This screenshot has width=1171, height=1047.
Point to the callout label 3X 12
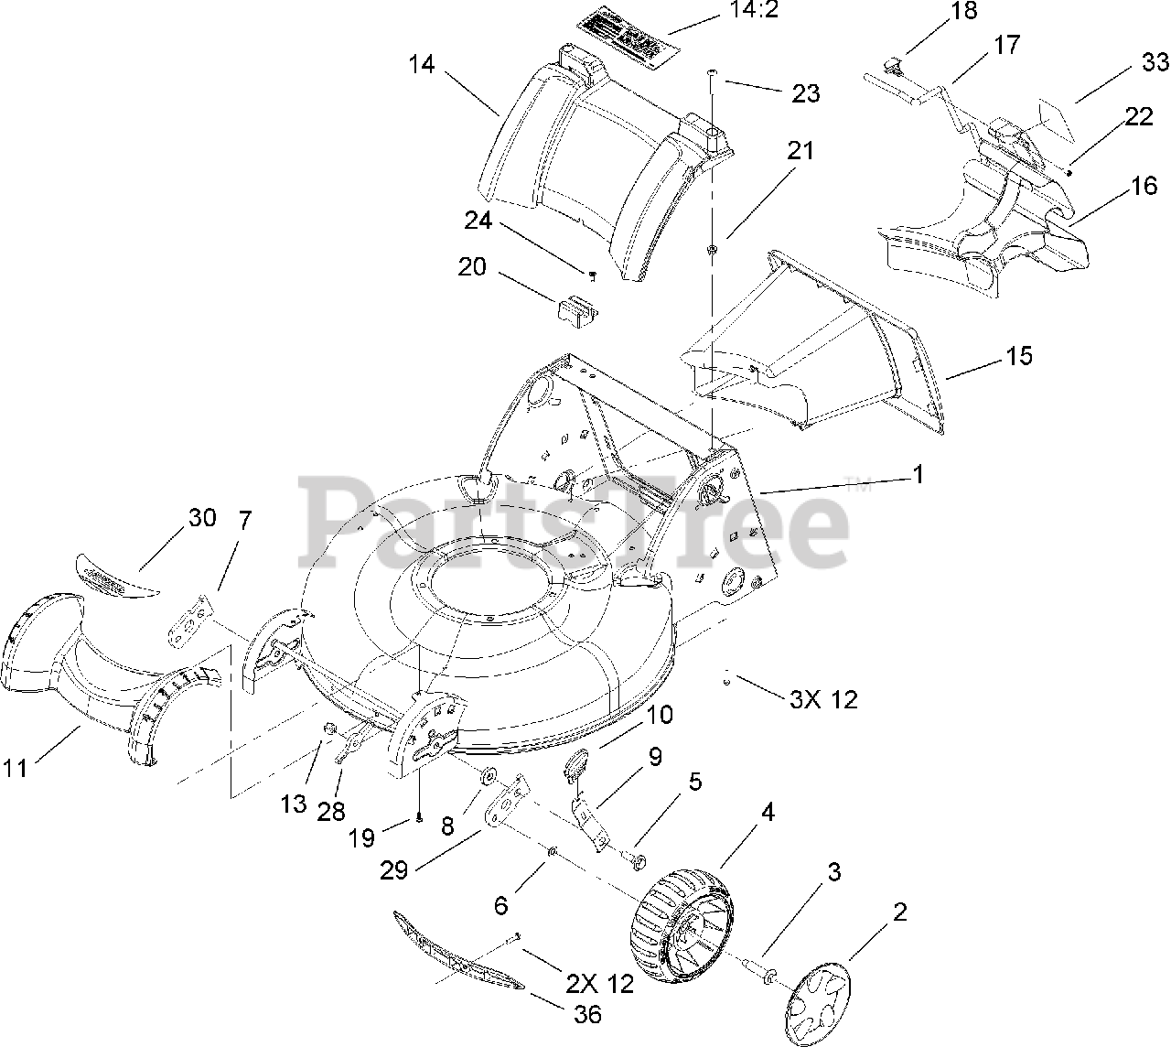(x=823, y=699)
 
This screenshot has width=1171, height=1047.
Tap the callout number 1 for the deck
(x=918, y=474)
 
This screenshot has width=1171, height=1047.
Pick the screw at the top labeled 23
(x=712, y=73)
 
